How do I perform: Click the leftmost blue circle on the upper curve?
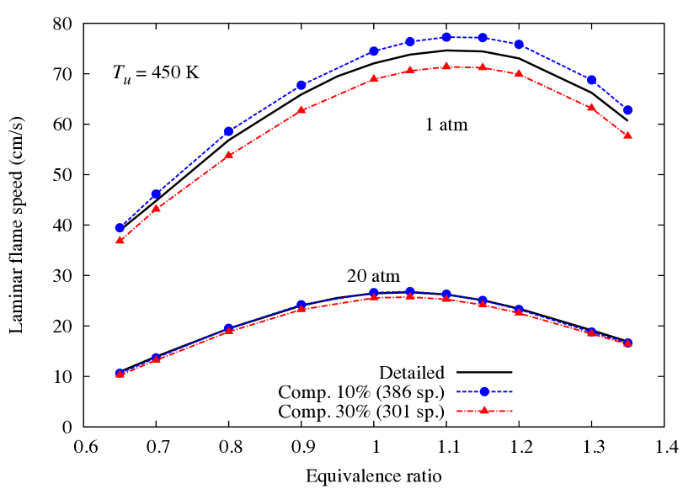(120, 228)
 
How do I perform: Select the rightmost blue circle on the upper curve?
(627, 110)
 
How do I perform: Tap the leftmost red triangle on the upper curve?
(120, 240)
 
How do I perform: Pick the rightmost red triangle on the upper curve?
(627, 135)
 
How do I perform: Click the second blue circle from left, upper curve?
(156, 194)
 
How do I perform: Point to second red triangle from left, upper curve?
(156, 207)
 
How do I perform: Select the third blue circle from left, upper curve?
(228, 131)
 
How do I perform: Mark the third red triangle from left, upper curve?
(228, 155)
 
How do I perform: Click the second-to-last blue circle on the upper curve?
(591, 80)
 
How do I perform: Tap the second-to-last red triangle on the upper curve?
(591, 107)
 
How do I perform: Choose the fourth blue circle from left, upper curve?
(301, 85)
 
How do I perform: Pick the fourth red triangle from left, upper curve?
(301, 109)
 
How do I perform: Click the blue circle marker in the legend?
(484, 391)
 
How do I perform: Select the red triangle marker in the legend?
(484, 410)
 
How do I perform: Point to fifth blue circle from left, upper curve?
(373, 51)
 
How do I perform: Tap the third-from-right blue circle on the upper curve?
(519, 45)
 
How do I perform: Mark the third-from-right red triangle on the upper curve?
(519, 74)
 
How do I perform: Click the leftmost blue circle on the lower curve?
(120, 373)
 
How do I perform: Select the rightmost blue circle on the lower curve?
(627, 343)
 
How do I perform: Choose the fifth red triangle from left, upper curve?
(373, 78)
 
